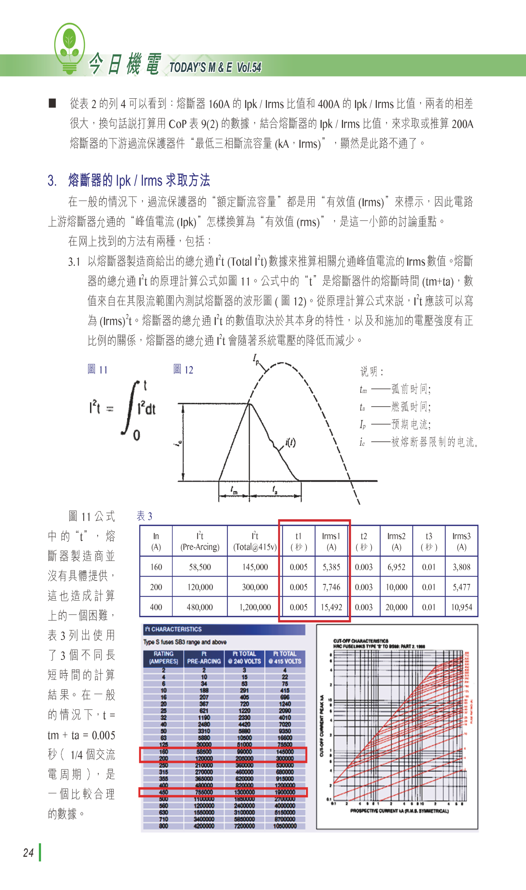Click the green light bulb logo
(69, 48)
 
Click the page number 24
(28, 852)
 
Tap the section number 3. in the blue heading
(52, 180)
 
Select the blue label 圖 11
(97, 370)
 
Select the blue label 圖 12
(183, 370)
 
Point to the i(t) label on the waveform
(290, 442)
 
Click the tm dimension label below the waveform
(234, 490)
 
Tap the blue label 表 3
(144, 516)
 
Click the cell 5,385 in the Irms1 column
(331, 567)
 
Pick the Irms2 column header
(396, 541)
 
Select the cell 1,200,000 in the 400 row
(255, 607)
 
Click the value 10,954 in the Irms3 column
(461, 607)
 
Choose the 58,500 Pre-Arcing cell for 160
(199, 567)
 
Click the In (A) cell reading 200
(156, 587)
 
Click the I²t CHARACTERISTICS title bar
(223, 629)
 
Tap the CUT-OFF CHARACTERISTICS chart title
(361, 641)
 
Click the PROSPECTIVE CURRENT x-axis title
(399, 811)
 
